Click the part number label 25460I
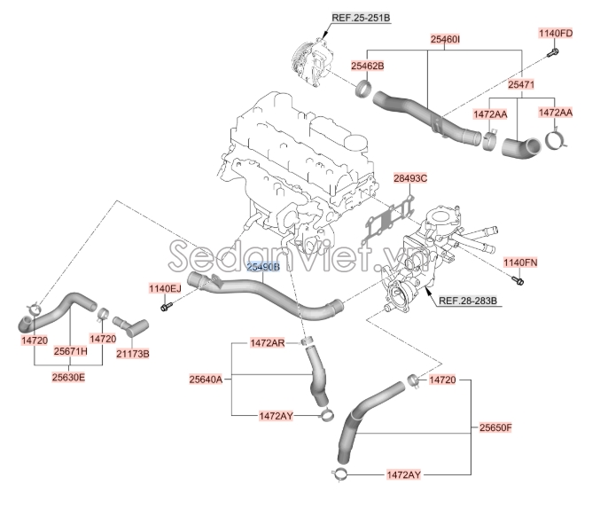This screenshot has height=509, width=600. [x=445, y=39]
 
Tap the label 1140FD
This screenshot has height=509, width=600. [x=556, y=34]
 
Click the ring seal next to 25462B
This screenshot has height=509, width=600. [x=362, y=89]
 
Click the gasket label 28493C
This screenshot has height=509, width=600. [x=410, y=178]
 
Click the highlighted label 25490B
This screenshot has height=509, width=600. [x=262, y=266]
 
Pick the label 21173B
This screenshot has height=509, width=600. [x=133, y=354]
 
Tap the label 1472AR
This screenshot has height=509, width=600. [x=267, y=342]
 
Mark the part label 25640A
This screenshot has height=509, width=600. [x=205, y=380]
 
